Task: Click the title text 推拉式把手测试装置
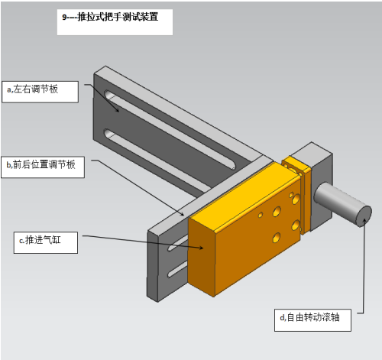[x=118, y=17]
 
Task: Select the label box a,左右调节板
[x=40, y=92]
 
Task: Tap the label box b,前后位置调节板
[x=43, y=167]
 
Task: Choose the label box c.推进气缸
[x=46, y=242]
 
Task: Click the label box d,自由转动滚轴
[x=312, y=320]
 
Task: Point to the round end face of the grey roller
[x=364, y=216]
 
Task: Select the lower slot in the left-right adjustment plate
[x=158, y=161]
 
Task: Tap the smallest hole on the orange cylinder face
[x=261, y=215]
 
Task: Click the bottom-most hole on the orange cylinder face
[x=277, y=238]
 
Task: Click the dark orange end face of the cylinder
[x=201, y=255]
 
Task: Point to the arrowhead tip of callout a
[x=118, y=112]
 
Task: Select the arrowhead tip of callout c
[x=203, y=248]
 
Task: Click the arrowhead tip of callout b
[x=184, y=216]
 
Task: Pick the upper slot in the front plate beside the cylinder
[x=177, y=243]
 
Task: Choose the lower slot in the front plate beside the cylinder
[x=177, y=270]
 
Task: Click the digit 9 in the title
[x=64, y=17]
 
